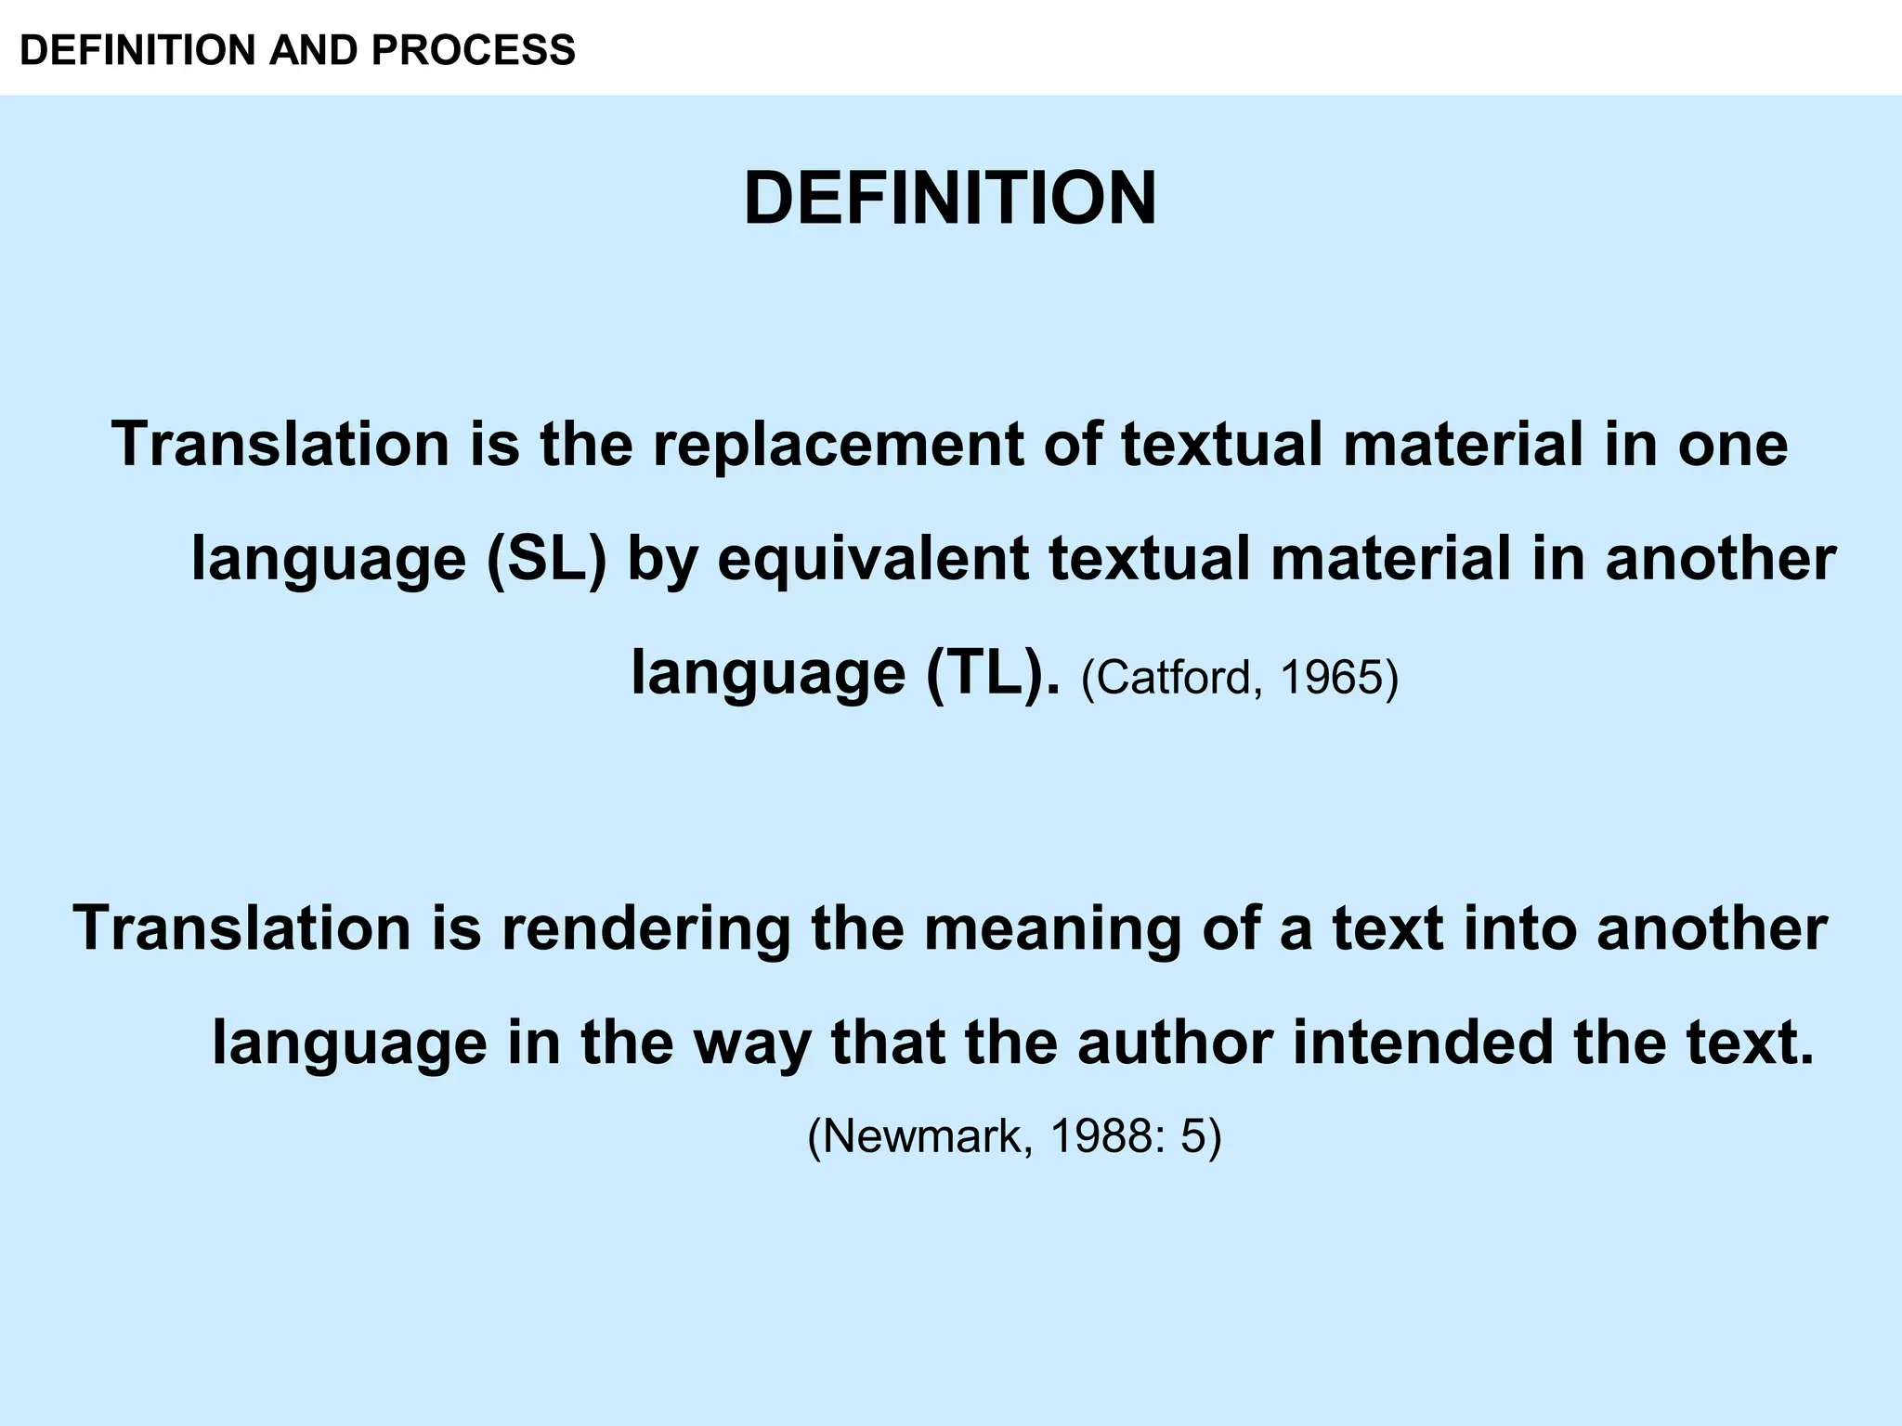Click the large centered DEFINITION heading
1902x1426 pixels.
tap(950, 199)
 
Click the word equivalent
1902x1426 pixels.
tap(873, 560)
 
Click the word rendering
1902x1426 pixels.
tap(646, 928)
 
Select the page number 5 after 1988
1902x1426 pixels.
tap(1192, 1134)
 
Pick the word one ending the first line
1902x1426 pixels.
tap(1732, 446)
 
